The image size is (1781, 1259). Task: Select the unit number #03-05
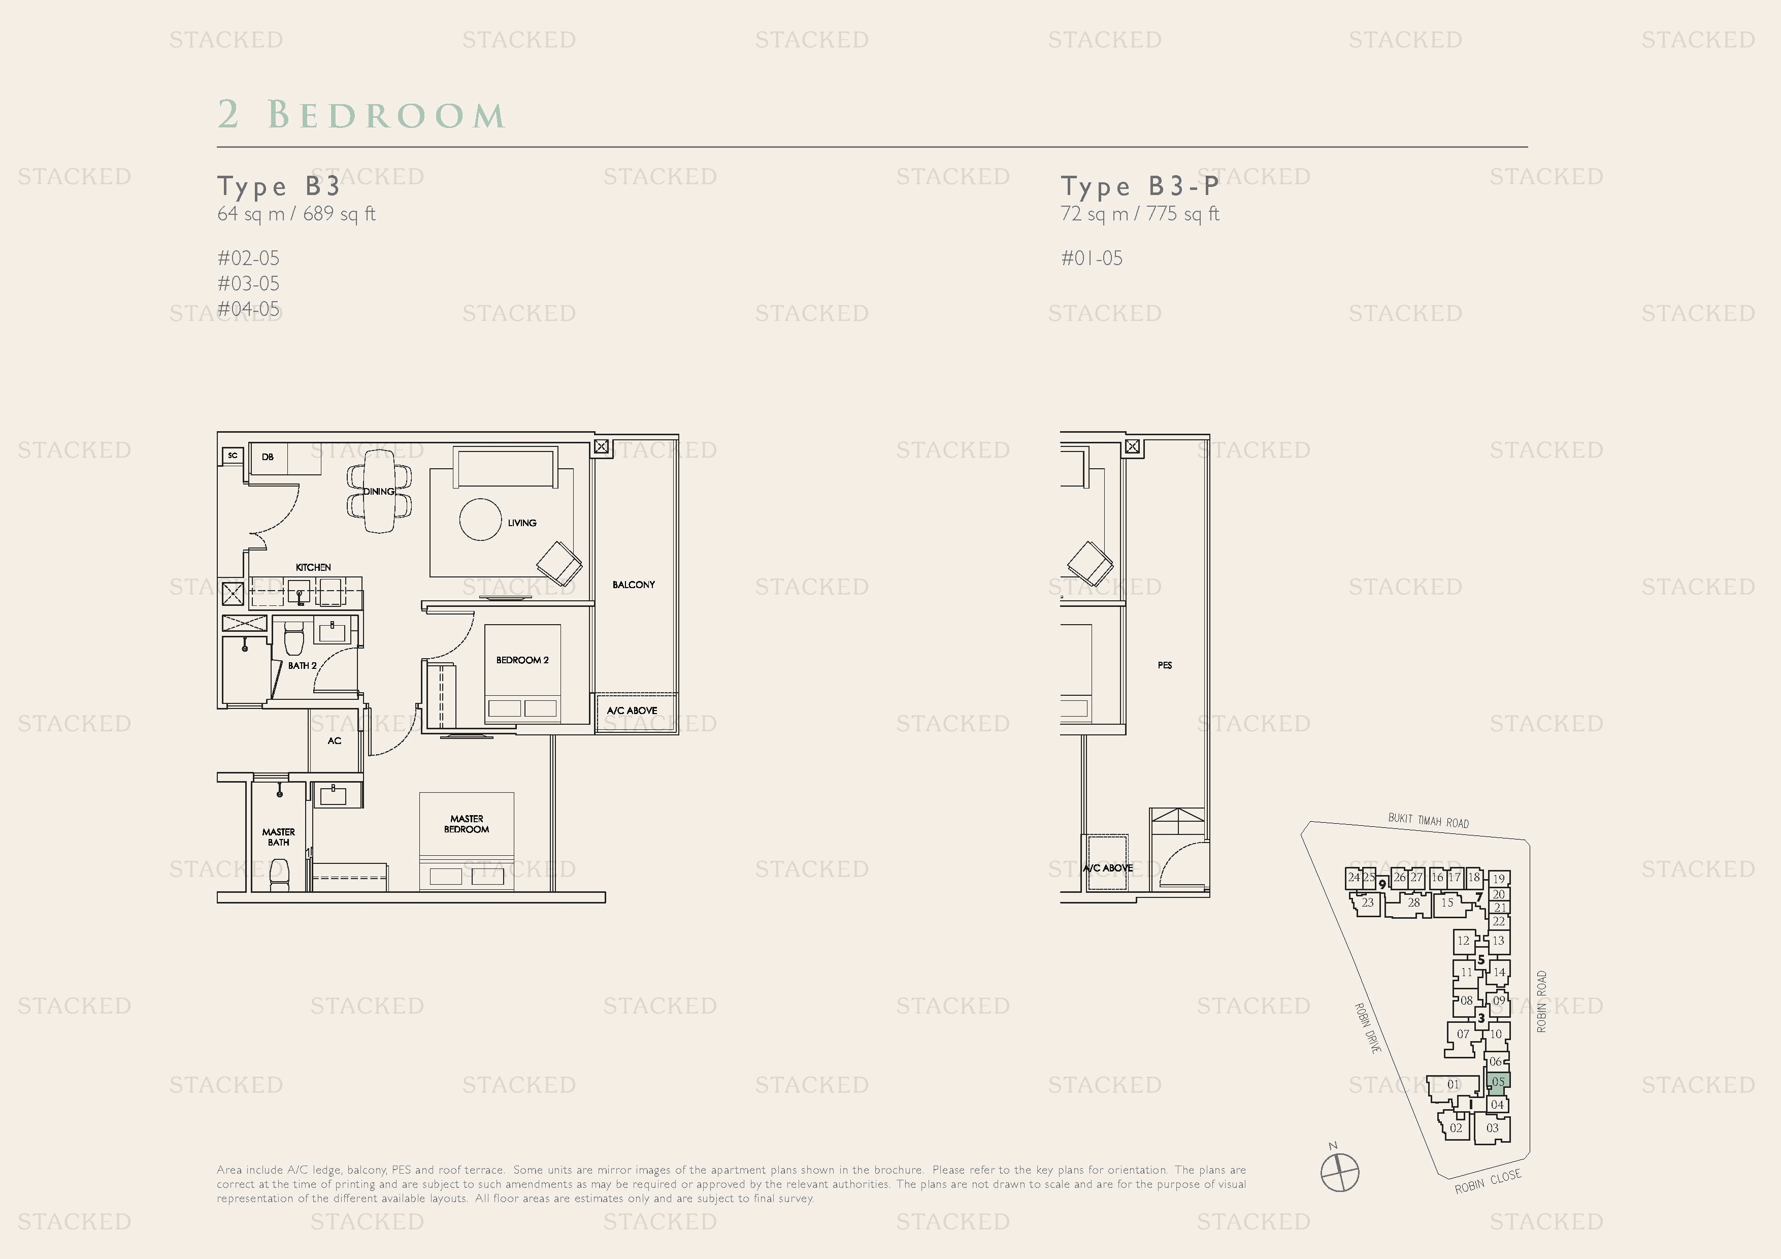click(248, 284)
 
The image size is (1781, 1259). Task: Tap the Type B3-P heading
click(1139, 186)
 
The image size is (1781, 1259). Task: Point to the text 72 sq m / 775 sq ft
click(1139, 214)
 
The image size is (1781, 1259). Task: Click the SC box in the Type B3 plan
click(233, 456)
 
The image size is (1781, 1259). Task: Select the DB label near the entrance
click(268, 457)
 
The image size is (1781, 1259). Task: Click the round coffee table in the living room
click(480, 520)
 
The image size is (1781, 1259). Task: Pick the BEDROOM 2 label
click(522, 660)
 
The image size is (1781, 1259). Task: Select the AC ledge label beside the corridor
click(335, 741)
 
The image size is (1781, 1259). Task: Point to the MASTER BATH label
click(279, 837)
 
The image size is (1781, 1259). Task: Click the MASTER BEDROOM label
click(466, 824)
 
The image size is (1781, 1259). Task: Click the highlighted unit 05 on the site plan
click(1498, 1082)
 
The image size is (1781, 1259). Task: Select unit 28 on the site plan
click(1413, 903)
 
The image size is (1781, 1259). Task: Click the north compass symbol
click(1340, 1171)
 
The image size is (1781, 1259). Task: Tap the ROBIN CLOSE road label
click(1487, 1181)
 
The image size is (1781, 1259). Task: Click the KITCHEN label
click(313, 568)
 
